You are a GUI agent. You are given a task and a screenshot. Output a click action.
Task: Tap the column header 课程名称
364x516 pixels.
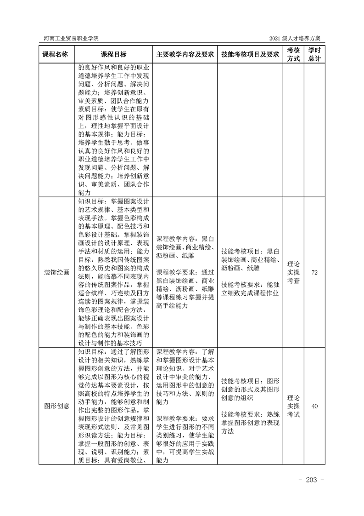[56, 54]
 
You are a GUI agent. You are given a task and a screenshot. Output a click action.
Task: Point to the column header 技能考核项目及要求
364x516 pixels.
[250, 54]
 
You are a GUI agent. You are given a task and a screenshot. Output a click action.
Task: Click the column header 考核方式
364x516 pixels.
[293, 54]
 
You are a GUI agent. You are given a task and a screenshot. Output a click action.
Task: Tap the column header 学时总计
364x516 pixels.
[314, 54]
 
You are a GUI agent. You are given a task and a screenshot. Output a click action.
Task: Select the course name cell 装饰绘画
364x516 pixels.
[56, 272]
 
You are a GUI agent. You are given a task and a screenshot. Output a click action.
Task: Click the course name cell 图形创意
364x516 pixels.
[56, 406]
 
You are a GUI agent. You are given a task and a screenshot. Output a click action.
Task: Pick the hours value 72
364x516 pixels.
[314, 272]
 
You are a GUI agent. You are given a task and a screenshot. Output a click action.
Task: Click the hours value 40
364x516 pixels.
[314, 406]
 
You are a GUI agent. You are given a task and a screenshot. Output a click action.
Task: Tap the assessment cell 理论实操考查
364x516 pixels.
[293, 272]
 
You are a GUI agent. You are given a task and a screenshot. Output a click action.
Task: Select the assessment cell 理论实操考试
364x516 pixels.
[293, 406]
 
